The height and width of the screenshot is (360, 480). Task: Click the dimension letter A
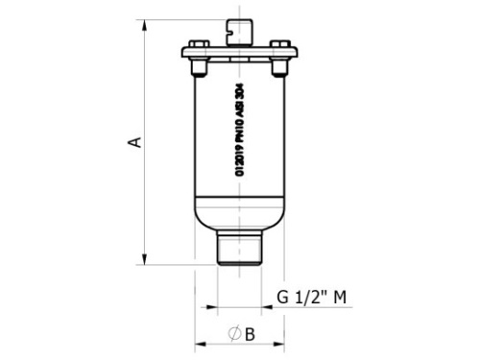[x=136, y=142]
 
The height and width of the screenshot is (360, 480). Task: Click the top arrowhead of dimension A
[x=145, y=20]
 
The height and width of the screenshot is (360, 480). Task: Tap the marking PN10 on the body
[x=239, y=127]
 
